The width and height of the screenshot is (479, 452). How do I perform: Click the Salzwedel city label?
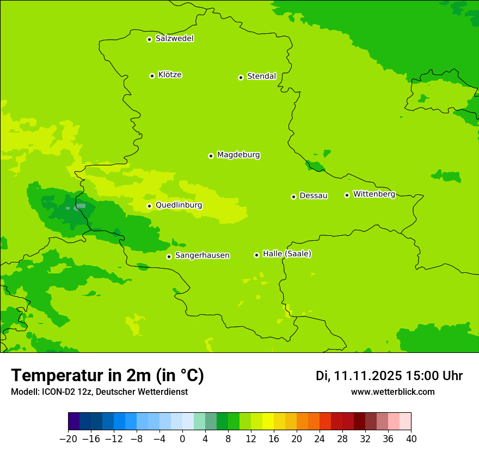[x=174, y=39]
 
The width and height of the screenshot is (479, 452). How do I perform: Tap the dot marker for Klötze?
[x=152, y=76]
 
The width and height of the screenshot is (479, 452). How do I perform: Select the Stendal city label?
[x=261, y=76]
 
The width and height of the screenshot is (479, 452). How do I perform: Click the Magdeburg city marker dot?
[x=211, y=156]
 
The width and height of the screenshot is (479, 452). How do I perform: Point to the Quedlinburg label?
[x=179, y=205]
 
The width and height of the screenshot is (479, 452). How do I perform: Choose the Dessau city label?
[x=314, y=196]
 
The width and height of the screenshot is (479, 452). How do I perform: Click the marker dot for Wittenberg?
[x=347, y=195]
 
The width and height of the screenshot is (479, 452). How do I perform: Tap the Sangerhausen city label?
[x=202, y=255]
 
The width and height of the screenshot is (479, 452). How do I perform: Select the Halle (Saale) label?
[x=287, y=254]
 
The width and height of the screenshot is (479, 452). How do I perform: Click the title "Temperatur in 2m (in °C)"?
[x=107, y=376]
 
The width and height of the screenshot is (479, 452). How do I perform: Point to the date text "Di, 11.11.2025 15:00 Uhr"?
[x=389, y=376]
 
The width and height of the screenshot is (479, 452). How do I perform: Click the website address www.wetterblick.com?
[x=392, y=392]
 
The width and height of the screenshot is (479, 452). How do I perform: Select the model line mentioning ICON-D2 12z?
[x=99, y=392]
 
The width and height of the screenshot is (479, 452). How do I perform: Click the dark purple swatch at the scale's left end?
[x=74, y=422]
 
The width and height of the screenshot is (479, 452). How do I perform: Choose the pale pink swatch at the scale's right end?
[x=406, y=422]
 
